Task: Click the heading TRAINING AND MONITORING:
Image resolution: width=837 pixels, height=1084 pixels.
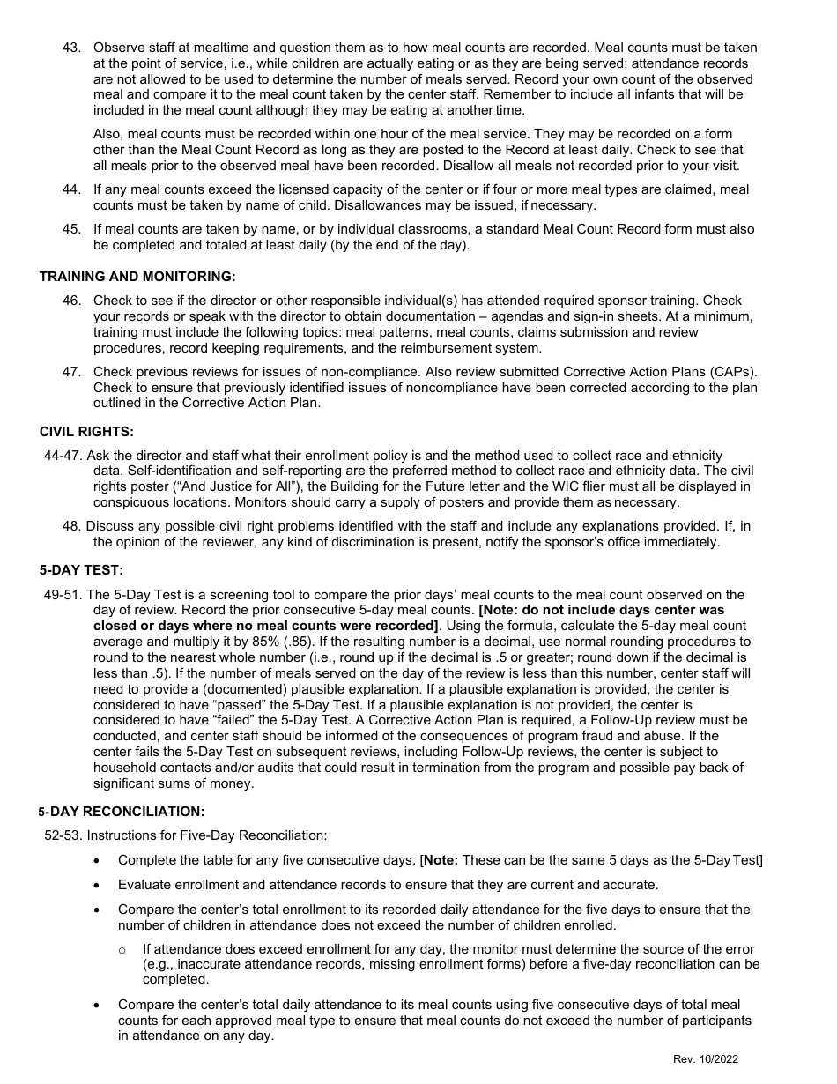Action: click(137, 277)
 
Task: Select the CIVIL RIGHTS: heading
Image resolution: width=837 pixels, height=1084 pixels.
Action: click(86, 432)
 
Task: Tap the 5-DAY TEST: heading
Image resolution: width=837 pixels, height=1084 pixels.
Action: click(81, 569)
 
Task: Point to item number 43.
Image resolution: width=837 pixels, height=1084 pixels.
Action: click(71, 48)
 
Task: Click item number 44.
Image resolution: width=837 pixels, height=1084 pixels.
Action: click(71, 189)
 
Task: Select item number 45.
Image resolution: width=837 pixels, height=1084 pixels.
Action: click(71, 229)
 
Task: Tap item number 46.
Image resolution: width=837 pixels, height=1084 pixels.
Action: click(71, 301)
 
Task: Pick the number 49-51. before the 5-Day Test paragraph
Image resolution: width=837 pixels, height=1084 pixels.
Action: click(63, 595)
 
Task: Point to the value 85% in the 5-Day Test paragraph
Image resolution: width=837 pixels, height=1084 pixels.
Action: click(267, 642)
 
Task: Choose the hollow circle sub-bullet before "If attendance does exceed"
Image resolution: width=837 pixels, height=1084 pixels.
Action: click(122, 949)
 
